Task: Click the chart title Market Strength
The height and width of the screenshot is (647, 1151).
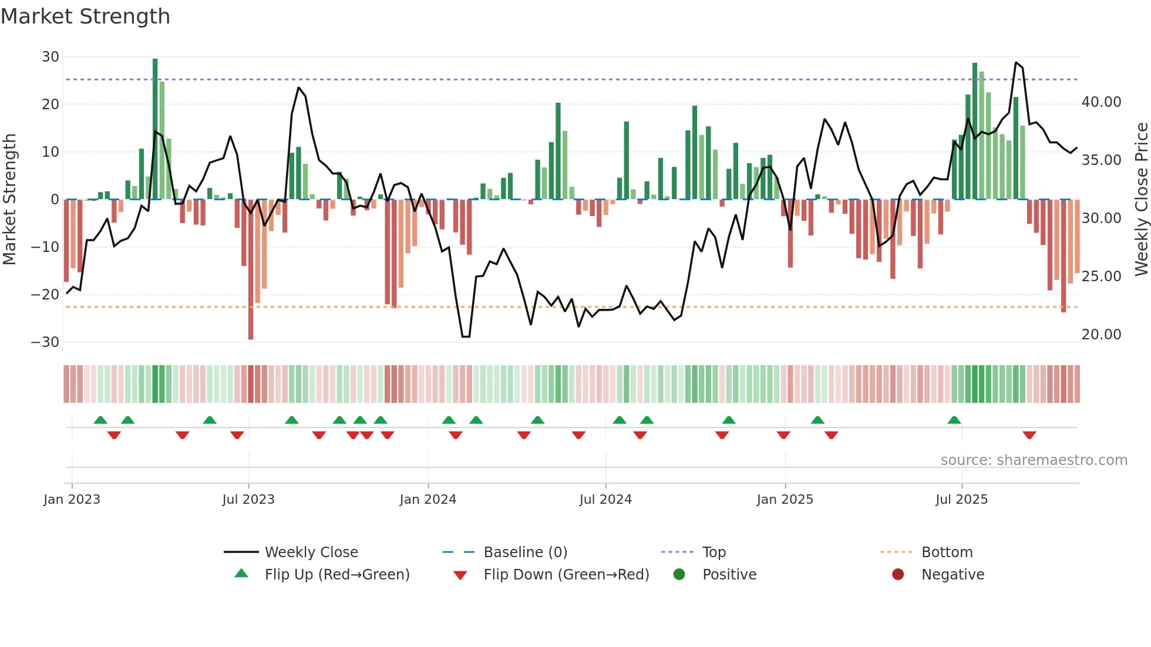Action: (85, 16)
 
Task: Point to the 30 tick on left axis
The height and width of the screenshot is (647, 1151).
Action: (51, 57)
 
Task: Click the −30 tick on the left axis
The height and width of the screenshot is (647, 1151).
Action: (46, 342)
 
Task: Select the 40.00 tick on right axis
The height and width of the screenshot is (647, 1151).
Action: (1101, 102)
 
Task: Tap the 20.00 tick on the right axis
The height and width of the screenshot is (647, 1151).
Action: (1101, 335)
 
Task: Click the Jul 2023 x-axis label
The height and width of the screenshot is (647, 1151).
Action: (248, 500)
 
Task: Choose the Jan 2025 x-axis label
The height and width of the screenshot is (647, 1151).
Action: (785, 500)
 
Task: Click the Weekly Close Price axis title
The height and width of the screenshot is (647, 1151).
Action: (1141, 200)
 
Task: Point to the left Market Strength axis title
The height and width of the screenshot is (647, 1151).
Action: (9, 200)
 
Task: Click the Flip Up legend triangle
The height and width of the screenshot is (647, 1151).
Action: (241, 574)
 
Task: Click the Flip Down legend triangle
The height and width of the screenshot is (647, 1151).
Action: (460, 575)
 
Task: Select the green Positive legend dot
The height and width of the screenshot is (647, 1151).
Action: (679, 574)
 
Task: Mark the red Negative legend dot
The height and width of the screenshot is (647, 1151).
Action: (898, 574)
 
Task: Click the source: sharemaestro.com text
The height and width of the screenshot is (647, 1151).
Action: (1034, 460)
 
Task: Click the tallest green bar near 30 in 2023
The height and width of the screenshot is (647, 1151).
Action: (155, 129)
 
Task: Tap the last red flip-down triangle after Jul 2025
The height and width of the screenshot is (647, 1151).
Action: (1029, 435)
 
